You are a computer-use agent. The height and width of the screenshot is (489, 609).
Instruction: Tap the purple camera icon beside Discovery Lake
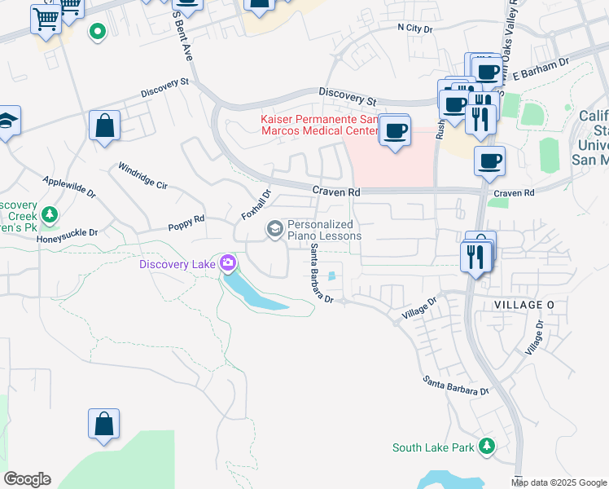(228, 263)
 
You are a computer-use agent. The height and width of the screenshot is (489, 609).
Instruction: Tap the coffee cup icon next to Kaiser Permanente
(396, 130)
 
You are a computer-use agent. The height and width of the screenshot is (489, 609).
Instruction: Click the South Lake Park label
(432, 447)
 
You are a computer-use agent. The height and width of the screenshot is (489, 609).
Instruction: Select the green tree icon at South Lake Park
(487, 446)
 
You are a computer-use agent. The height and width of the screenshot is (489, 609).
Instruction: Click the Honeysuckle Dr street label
(67, 232)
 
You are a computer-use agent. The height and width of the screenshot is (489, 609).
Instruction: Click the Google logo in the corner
(27, 479)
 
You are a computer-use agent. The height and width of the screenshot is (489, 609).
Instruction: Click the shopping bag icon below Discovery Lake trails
(103, 425)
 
